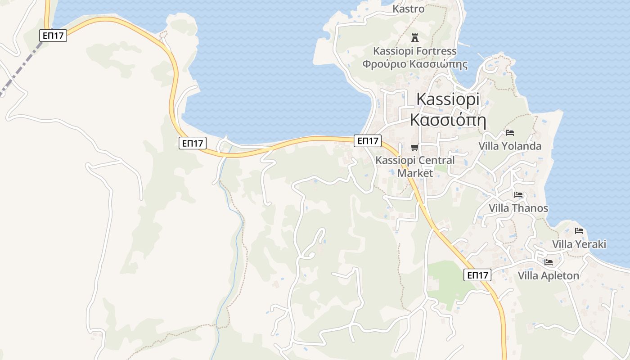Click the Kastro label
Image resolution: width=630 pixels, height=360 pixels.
pos(408,9)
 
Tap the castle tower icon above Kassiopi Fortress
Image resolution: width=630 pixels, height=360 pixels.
pos(415,38)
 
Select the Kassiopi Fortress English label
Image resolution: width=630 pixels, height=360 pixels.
pos(414,51)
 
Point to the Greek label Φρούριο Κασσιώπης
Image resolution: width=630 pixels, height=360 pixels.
pos(414,64)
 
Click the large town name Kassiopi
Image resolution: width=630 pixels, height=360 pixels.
pos(448,99)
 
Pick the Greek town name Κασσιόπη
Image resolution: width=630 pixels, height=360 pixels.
pos(448,120)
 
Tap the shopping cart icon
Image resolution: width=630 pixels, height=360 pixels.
pos(414,147)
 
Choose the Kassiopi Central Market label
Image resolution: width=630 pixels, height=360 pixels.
pos(415,166)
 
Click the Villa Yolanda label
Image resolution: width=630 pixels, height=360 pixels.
pos(509,146)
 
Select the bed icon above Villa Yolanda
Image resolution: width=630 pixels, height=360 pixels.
pos(509,133)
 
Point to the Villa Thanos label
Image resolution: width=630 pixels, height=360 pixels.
pos(518,208)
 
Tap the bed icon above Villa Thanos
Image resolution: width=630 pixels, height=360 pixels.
pos(518,195)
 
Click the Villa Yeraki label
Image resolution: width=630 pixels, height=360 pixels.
pos(579,244)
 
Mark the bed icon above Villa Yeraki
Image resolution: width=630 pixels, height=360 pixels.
pos(579,231)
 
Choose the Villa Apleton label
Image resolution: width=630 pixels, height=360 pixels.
pos(548,275)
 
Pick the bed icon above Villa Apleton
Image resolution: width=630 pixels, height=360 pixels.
pos(548,262)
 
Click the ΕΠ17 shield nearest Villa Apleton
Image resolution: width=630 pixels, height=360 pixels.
pos(477,275)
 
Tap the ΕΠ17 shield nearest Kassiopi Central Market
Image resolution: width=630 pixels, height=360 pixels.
pos(367,141)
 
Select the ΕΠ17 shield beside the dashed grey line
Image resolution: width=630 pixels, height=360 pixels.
pos(53,36)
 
